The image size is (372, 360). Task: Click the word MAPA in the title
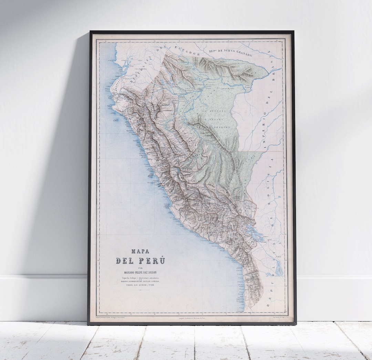tap(140, 252)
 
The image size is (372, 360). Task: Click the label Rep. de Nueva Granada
tap(230, 52)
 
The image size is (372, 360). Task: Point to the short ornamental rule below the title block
tap(140, 291)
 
